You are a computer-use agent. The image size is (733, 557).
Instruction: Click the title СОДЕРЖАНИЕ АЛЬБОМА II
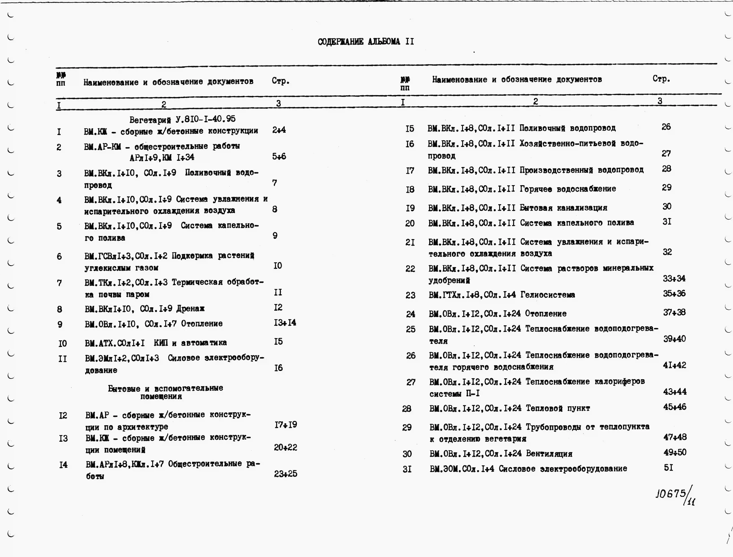(x=365, y=42)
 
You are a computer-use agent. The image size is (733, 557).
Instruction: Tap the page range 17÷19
(x=285, y=425)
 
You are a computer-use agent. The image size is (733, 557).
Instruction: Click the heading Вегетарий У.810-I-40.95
(x=182, y=119)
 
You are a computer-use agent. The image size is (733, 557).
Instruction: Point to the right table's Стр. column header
(x=661, y=79)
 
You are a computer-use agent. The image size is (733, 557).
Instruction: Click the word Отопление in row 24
(x=546, y=313)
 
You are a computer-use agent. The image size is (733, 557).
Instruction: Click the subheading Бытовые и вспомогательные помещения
(x=165, y=392)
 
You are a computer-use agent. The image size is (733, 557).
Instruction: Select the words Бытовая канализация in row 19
(x=563, y=208)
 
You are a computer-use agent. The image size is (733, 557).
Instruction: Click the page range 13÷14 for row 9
(x=285, y=322)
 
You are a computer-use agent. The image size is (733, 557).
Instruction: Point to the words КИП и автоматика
(x=190, y=343)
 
